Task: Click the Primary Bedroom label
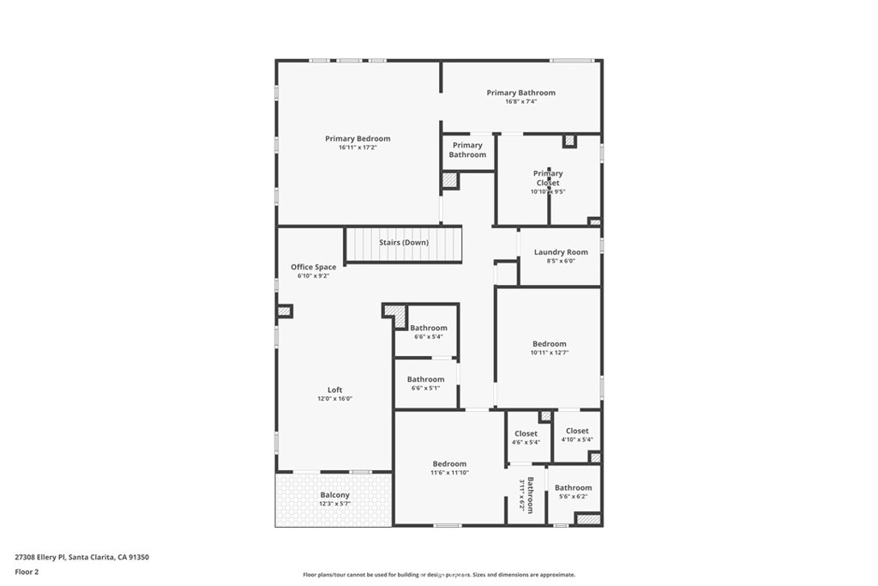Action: click(358, 139)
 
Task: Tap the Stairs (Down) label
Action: click(404, 243)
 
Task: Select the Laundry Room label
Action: click(561, 252)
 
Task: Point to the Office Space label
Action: click(313, 268)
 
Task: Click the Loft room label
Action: click(334, 390)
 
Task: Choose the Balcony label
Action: click(334, 495)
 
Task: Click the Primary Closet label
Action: click(548, 178)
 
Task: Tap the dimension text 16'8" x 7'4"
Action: click(520, 102)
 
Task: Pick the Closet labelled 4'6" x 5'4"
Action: click(526, 434)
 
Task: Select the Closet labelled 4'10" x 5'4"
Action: click(577, 432)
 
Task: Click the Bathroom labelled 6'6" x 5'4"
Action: click(428, 328)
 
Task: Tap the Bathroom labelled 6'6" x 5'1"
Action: click(425, 379)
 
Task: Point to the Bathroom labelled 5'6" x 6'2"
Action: click(573, 488)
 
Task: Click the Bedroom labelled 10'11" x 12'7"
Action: click(549, 344)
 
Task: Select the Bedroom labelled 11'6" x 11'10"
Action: click(449, 464)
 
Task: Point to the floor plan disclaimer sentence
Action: click(438, 575)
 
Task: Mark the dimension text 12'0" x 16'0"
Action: click(334, 399)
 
